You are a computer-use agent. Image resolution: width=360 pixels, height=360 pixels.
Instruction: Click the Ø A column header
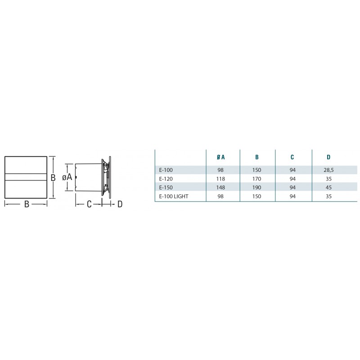coord(220,157)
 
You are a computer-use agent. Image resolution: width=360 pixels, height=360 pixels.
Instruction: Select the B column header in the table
coord(256,157)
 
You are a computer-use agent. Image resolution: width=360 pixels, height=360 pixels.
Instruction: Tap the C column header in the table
coord(292,157)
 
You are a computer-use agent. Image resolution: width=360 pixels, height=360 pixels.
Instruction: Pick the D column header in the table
coord(328,157)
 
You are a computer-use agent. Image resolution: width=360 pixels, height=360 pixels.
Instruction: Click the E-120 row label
coord(166,179)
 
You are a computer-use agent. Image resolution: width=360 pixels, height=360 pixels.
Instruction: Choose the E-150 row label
coord(166,188)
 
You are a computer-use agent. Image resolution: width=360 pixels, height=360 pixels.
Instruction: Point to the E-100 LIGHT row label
coord(174,197)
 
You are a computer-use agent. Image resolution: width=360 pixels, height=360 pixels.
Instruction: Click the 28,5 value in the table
coord(328,170)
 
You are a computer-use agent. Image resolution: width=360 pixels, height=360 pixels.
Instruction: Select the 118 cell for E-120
coord(220,179)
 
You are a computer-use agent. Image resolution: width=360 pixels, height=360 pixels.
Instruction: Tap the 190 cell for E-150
coord(256,188)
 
